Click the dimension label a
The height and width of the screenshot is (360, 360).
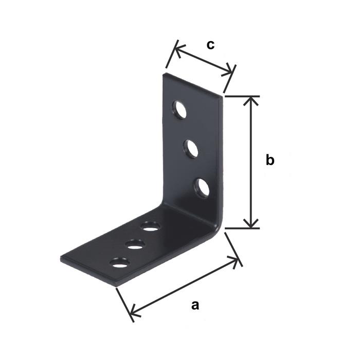click(x=194, y=305)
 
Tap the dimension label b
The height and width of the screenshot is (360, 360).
click(x=270, y=160)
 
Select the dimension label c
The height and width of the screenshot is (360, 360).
click(x=210, y=45)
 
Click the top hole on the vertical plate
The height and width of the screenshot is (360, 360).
click(x=180, y=111)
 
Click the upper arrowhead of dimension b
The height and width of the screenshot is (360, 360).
click(x=250, y=100)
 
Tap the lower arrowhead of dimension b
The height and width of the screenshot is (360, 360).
click(x=250, y=223)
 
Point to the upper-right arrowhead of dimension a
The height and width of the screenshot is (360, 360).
click(x=237, y=261)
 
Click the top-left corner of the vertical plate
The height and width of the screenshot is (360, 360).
click(x=164, y=74)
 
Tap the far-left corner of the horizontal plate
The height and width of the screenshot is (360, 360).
click(x=60, y=260)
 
